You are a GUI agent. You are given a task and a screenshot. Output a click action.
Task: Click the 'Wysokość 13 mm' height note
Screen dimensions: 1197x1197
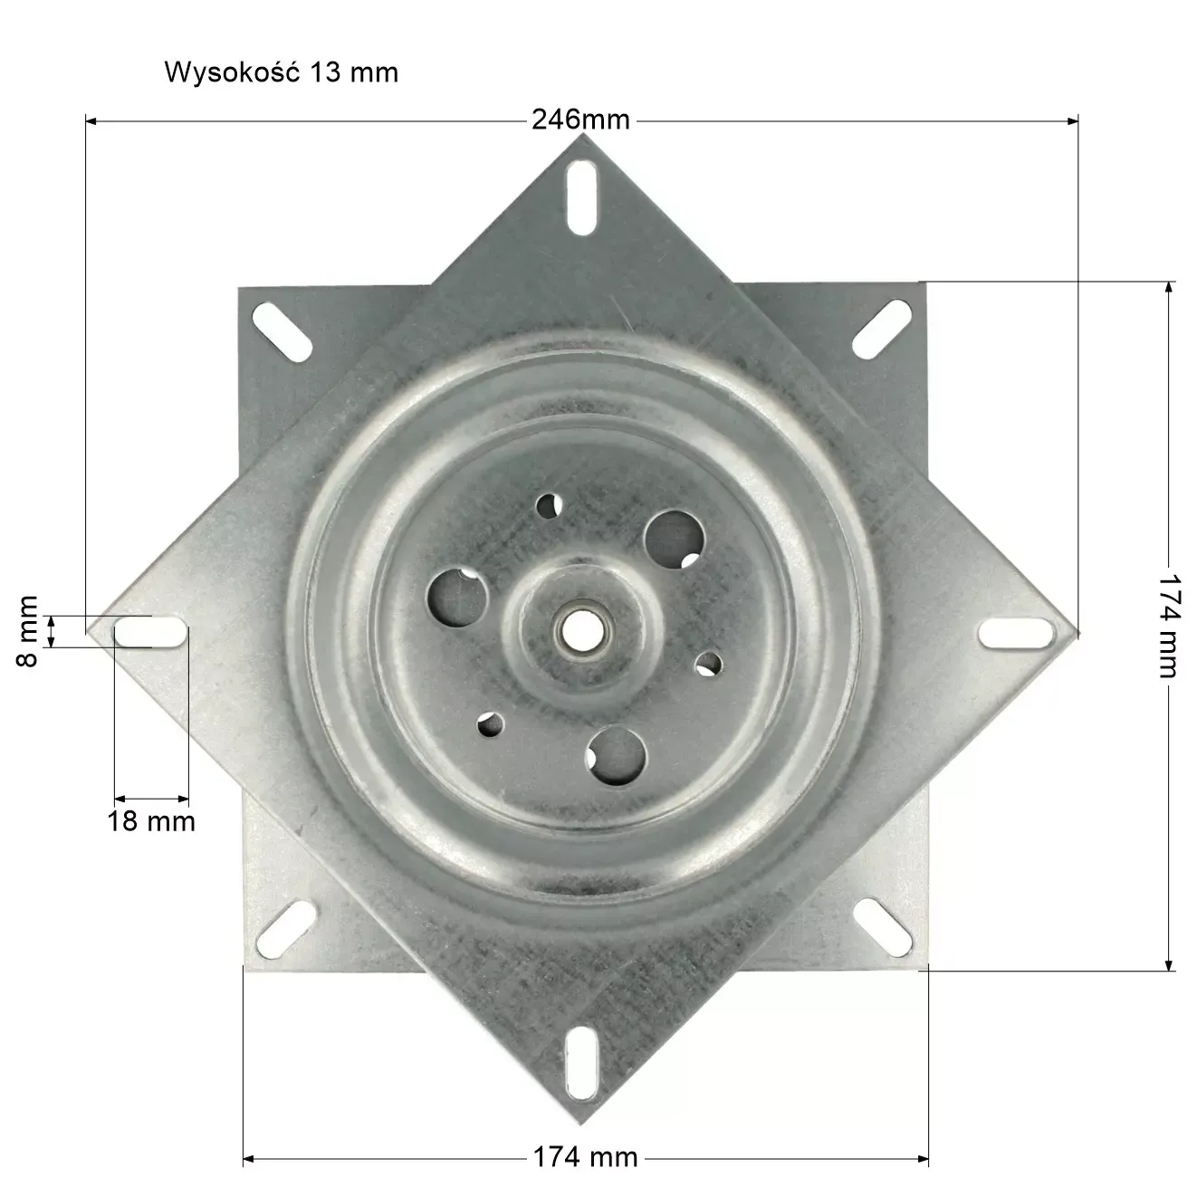[x=281, y=72]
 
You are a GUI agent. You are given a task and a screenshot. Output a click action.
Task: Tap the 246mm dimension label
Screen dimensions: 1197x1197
[x=580, y=120]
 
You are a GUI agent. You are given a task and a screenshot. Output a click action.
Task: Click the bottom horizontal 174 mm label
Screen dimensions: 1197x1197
[x=585, y=1157]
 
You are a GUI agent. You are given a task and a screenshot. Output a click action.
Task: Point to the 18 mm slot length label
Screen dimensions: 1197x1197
[x=151, y=821]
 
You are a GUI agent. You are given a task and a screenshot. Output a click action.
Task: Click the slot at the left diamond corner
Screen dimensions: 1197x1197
[x=151, y=632]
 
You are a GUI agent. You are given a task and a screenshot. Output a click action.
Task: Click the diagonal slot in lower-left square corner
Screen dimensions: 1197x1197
[x=285, y=928]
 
